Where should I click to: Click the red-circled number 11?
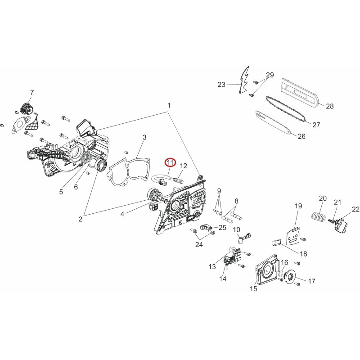pos(170,162)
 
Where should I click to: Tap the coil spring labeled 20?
pos(319,216)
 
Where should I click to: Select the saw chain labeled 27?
pos(286,109)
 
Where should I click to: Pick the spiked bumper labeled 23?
pos(244,80)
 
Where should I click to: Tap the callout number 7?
pos(32,93)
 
